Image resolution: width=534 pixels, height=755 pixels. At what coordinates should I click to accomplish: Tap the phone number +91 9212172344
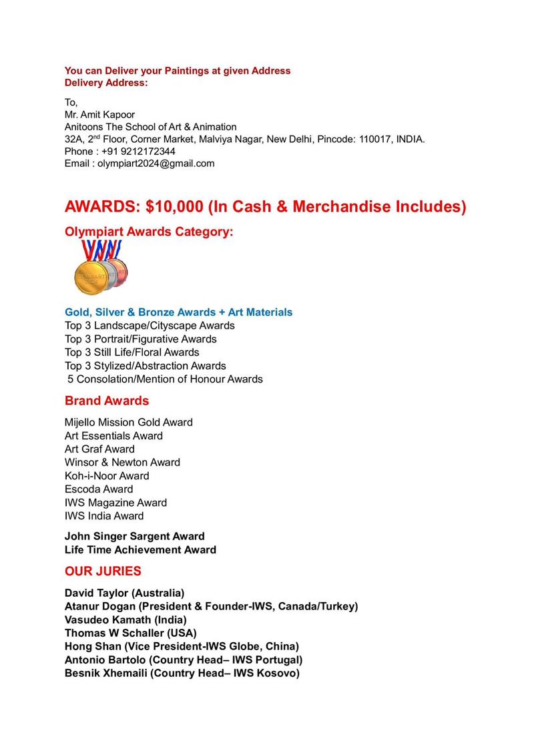pos(139,152)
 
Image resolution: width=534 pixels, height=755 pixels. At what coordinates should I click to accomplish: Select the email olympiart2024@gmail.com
pos(156,164)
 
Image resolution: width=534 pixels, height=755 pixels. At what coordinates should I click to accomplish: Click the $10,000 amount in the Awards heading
pos(174,207)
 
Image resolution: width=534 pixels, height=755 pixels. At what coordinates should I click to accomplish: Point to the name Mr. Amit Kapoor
pos(99,115)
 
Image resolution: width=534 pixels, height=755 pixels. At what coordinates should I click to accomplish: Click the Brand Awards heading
pos(107,401)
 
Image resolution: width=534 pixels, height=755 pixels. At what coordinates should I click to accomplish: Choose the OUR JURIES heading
pos(103,571)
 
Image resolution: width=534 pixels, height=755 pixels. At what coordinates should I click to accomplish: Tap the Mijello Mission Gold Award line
pos(129,423)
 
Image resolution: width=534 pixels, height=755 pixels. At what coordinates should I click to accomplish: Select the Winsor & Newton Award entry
pos(122,463)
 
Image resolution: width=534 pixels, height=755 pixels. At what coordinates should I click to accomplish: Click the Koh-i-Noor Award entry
pos(107,476)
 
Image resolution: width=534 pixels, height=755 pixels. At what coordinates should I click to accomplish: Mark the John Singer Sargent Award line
pos(135,537)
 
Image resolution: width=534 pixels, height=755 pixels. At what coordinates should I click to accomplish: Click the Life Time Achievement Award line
pos(140,550)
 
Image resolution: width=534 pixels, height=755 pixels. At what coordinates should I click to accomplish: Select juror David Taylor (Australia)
pos(125,593)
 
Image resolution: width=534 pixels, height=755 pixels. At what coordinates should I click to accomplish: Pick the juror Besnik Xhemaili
pos(105,673)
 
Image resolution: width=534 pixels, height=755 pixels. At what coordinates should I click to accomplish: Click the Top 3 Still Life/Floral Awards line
pos(132,352)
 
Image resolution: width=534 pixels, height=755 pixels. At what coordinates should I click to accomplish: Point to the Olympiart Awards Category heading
pos(150,232)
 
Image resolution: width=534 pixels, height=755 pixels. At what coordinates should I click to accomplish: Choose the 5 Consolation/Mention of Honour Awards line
pos(165,379)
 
